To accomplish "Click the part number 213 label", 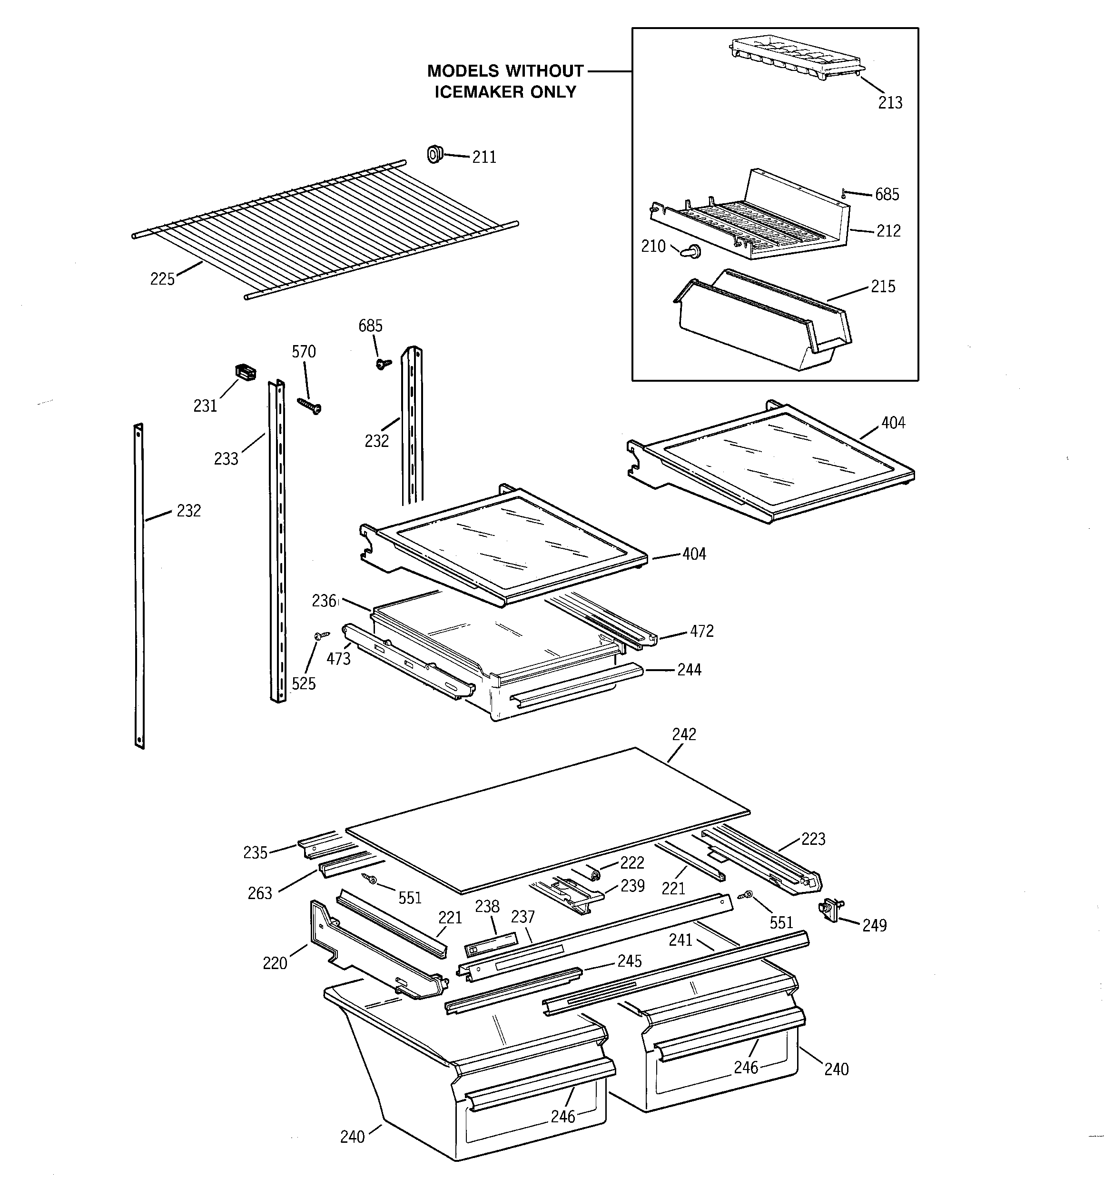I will (889, 103).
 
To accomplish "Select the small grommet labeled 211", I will (435, 154).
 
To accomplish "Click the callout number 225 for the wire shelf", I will (162, 278).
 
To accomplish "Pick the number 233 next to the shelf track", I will (226, 459).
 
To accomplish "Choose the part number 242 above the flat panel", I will (684, 734).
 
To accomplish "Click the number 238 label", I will (487, 907).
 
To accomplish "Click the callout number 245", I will (630, 960).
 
